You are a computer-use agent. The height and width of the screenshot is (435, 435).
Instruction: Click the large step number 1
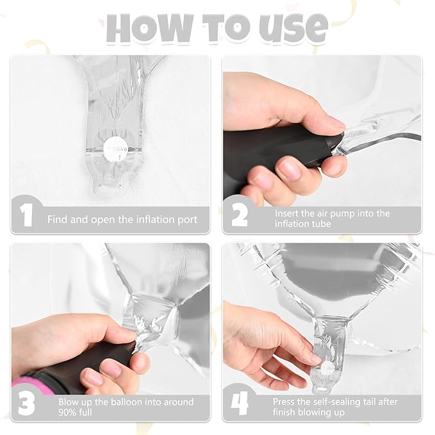pos(26,215)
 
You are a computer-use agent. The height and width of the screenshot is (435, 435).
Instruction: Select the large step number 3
pos(26,404)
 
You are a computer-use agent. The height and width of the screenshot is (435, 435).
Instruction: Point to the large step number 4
pos(240,404)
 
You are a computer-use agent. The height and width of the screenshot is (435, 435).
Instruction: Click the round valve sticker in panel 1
pos(116,150)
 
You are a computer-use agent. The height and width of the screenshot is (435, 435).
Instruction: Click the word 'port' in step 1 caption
pos(188,220)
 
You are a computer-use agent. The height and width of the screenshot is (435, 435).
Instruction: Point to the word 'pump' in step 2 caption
pos(342,213)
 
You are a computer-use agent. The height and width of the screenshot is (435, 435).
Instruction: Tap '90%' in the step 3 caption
pos(67,412)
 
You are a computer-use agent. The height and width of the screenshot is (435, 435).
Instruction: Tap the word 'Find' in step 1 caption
pos(58,220)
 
